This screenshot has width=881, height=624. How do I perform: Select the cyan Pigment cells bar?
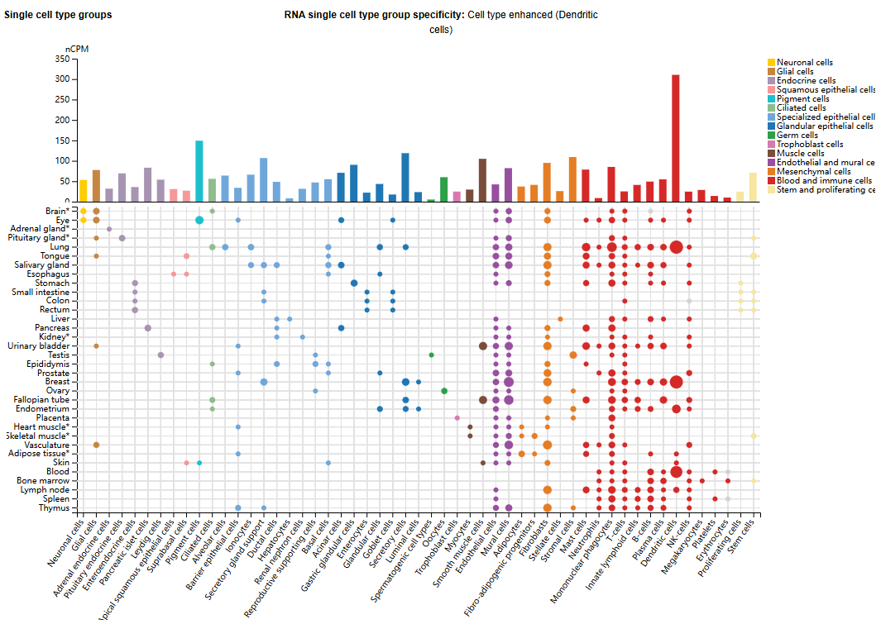tap(199, 171)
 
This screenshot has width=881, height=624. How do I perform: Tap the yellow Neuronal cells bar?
tap(83, 190)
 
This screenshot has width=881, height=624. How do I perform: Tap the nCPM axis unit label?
tap(77, 49)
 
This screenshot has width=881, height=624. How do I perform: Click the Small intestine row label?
tap(41, 292)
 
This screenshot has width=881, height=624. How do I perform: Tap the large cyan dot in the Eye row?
tap(199, 220)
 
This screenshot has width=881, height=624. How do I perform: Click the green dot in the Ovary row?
tap(444, 391)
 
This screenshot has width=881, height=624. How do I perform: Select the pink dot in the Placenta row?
tap(457, 418)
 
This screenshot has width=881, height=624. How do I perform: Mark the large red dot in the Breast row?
tap(676, 382)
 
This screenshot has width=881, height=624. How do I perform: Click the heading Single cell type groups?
tap(58, 15)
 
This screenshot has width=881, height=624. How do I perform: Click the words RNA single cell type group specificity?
tap(374, 15)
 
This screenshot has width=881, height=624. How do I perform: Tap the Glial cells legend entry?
tap(795, 72)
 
